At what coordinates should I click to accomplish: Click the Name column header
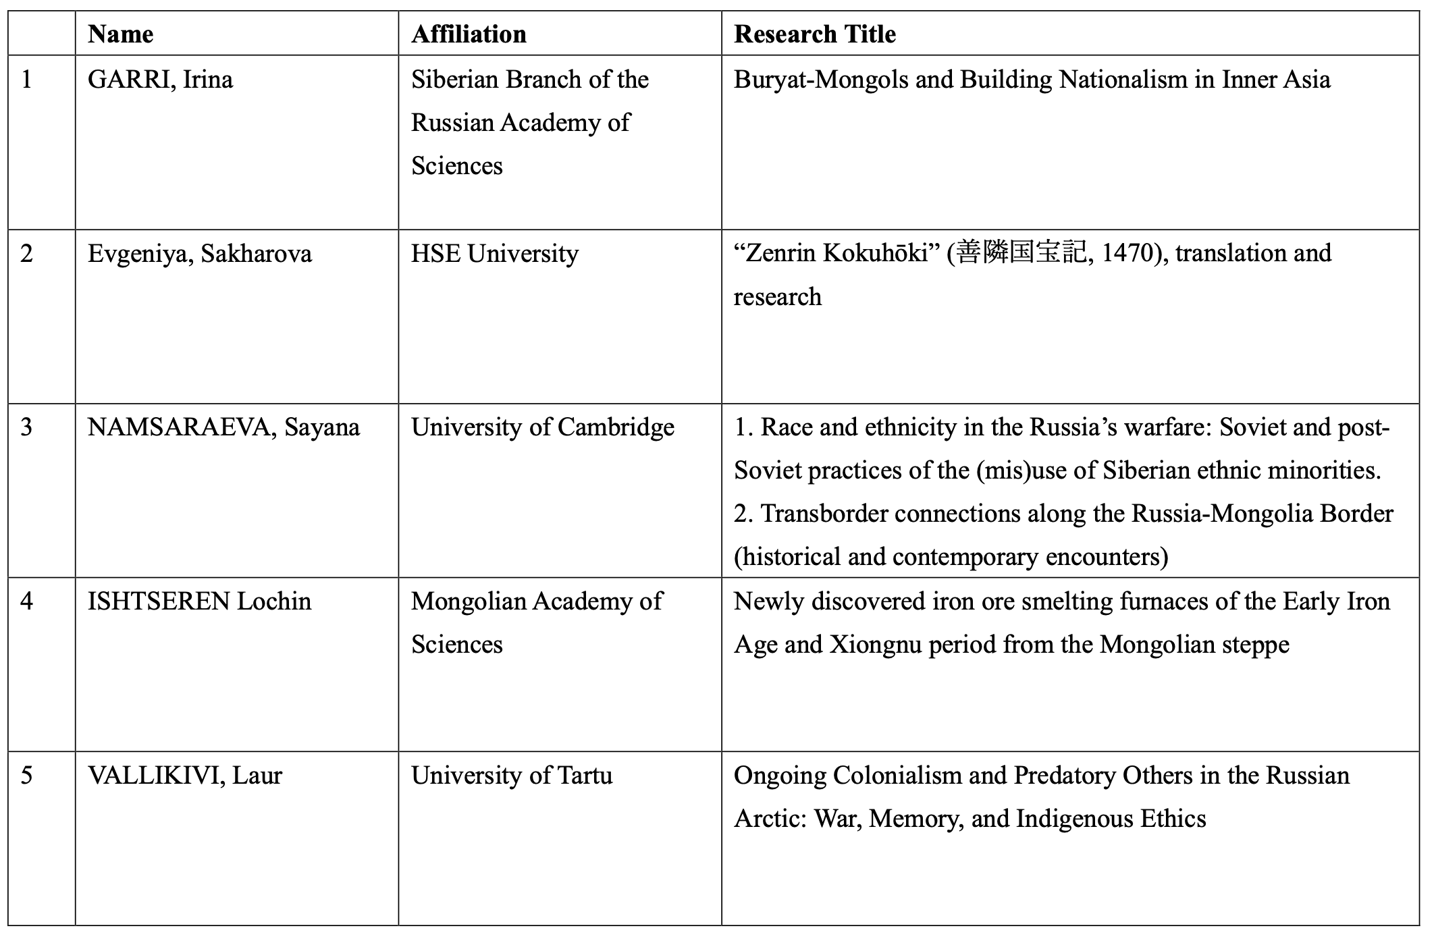point(120,34)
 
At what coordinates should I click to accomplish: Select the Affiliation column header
point(469,34)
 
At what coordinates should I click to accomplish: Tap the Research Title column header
point(814,34)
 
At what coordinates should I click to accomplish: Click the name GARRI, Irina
point(160,80)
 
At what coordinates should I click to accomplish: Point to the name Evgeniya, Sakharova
point(199,254)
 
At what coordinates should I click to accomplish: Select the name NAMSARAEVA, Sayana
point(223,427)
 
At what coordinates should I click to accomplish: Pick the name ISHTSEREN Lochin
point(199,601)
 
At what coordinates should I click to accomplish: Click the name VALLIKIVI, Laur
point(184,776)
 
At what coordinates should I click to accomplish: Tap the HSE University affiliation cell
point(494,254)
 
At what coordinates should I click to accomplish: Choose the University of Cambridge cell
point(542,427)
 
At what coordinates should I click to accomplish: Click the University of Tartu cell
point(511,776)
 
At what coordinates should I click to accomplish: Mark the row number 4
point(26,601)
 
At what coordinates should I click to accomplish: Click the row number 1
point(26,80)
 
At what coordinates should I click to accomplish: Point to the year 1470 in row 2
point(1132,253)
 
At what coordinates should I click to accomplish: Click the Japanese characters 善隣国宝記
point(1021,253)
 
